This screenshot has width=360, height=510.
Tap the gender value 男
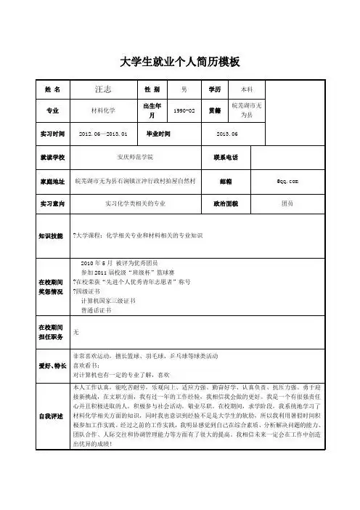pos(184,89)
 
